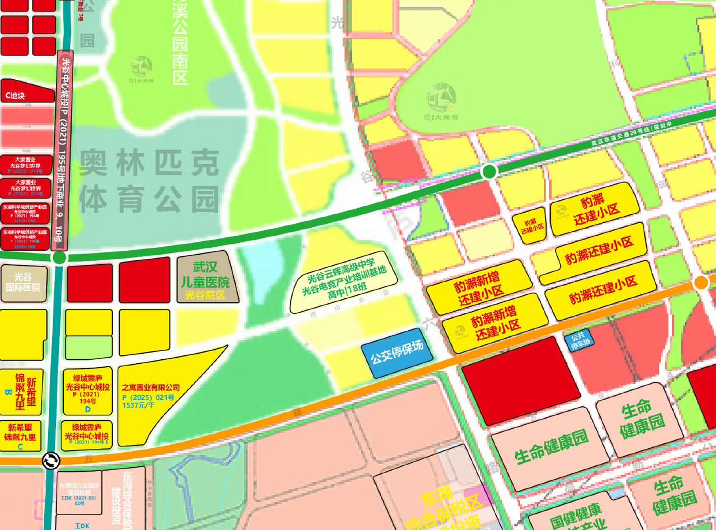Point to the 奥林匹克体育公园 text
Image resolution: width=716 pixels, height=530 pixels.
pos(148,181)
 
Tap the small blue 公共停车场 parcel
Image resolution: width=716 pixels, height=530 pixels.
pos(577,341)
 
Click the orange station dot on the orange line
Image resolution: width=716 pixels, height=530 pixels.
pos(700,283)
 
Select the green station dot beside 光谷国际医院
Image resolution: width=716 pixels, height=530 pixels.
pos(59,258)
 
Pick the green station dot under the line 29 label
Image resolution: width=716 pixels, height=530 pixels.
pos(489,171)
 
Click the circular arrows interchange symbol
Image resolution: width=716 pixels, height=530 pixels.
pos(51,460)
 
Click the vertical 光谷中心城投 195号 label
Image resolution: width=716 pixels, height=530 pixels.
pos(63,151)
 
